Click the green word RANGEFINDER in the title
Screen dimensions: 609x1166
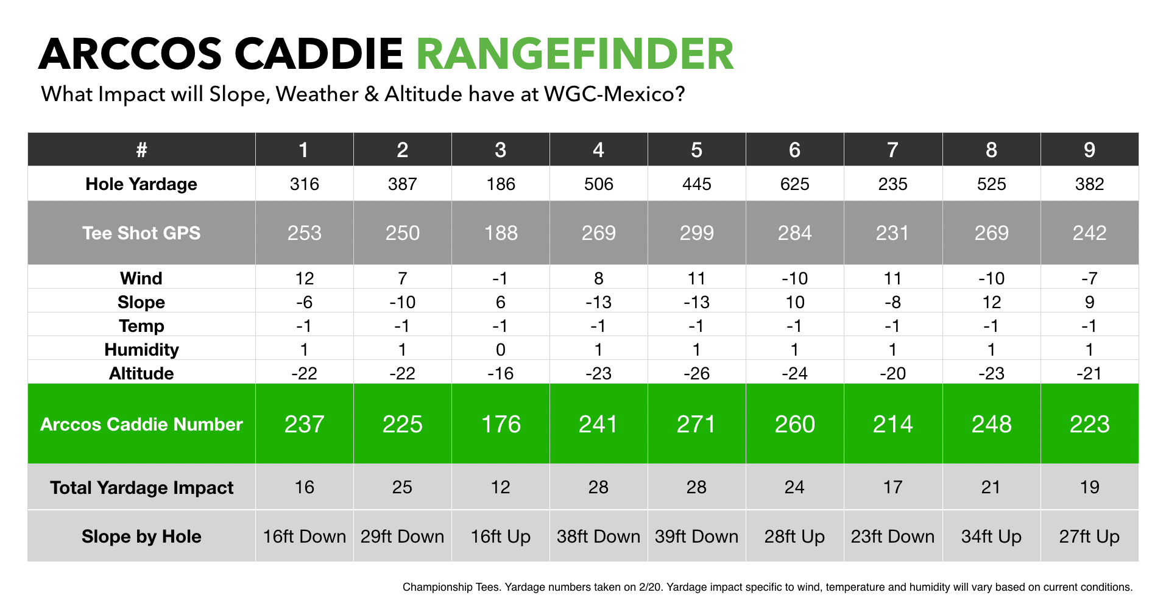pyautogui.click(x=575, y=54)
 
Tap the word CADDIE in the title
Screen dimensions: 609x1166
pyautogui.click(x=319, y=54)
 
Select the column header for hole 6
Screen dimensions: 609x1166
pyautogui.click(x=794, y=150)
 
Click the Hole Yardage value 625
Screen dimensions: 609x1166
pyautogui.click(x=794, y=184)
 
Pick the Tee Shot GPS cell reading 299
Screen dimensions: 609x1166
pyautogui.click(x=696, y=233)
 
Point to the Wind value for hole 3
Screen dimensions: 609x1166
pyautogui.click(x=500, y=278)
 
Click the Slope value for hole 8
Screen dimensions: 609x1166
pyautogui.click(x=991, y=302)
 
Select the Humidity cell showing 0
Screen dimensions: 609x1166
pyautogui.click(x=500, y=350)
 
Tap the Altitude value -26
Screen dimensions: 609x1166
pyautogui.click(x=696, y=373)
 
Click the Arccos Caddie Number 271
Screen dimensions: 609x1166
pyautogui.click(x=696, y=424)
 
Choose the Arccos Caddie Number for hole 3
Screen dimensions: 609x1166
pyautogui.click(x=500, y=424)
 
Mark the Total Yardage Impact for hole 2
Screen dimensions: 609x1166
pyautogui.click(x=402, y=487)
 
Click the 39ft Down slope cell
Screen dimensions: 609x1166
pyautogui.click(x=696, y=537)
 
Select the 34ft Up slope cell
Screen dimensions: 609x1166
pyautogui.click(x=991, y=537)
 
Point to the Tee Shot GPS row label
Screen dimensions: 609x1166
pyautogui.click(x=141, y=233)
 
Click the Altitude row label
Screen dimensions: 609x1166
pyautogui.click(x=141, y=373)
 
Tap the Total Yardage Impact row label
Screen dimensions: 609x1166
pyautogui.click(x=141, y=488)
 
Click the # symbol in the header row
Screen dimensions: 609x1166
pyautogui.click(x=141, y=150)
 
